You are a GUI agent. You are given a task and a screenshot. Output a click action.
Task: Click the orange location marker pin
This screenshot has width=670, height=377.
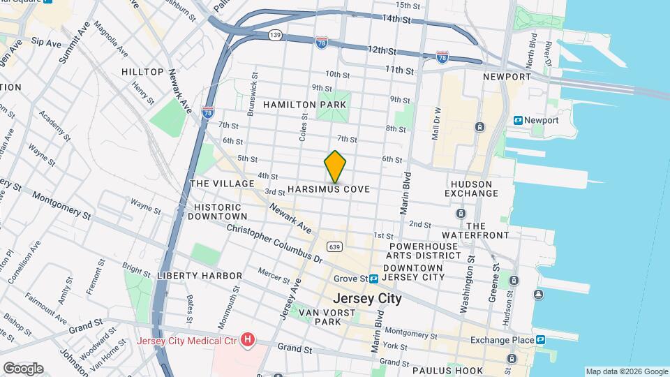[335, 167]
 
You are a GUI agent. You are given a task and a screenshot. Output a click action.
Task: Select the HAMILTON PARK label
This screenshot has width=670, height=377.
[294, 104]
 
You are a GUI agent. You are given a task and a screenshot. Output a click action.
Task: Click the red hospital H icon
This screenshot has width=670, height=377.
[248, 340]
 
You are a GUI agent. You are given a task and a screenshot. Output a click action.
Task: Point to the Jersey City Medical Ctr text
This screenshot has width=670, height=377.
[186, 341]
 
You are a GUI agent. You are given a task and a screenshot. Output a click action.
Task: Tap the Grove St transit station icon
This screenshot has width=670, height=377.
[374, 279]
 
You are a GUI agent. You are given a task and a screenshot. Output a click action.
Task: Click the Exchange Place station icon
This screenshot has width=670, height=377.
[540, 340]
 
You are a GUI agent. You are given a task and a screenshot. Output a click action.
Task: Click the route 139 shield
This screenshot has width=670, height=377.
[276, 34]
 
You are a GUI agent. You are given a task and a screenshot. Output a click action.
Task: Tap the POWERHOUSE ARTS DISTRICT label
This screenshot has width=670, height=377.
[425, 251]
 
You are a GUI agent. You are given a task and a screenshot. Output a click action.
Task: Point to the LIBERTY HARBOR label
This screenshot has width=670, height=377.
[199, 276]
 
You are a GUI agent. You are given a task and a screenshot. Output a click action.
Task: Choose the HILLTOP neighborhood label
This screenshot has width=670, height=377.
[142, 72]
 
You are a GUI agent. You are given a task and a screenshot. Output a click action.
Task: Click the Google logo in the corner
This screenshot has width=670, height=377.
[23, 368]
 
